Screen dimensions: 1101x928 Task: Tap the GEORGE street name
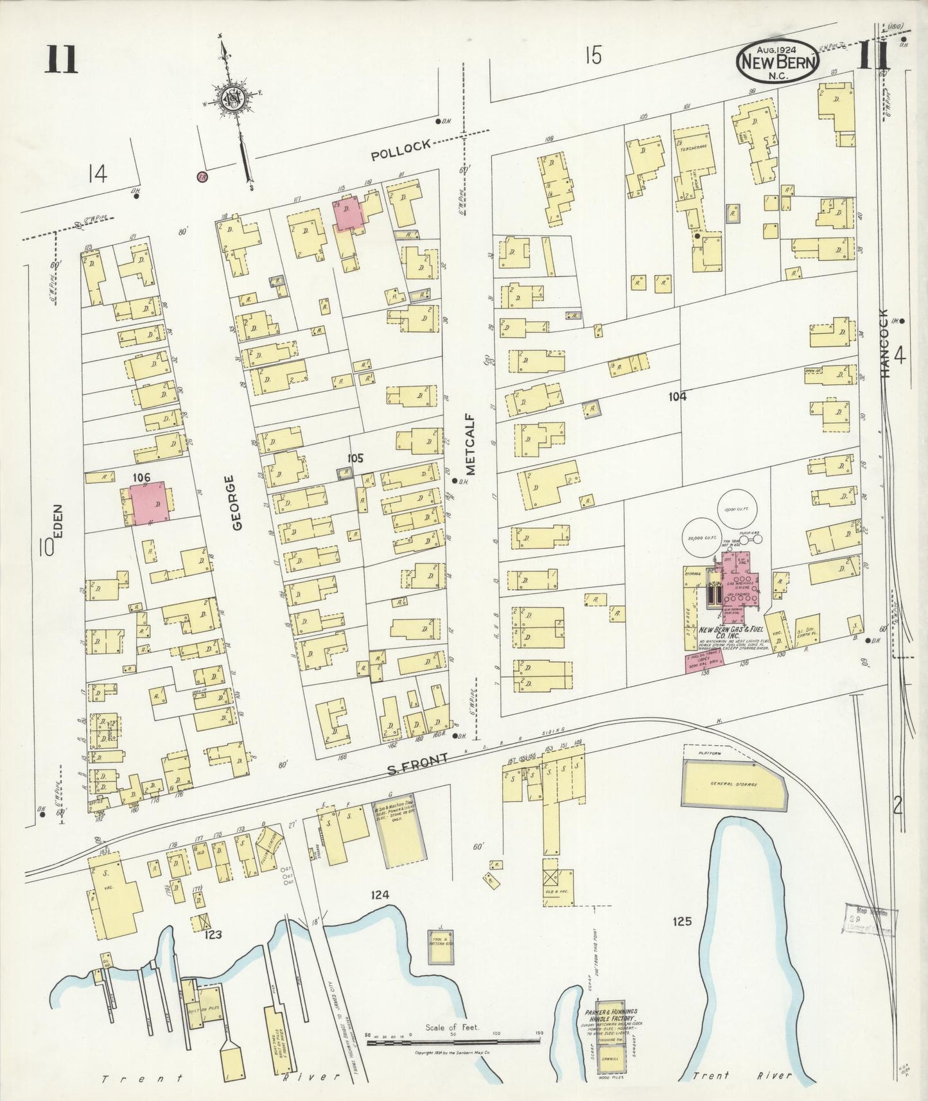[237, 503]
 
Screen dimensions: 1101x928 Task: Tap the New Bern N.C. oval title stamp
[779, 62]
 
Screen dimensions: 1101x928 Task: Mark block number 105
[355, 459]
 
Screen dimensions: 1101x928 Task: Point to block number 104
[677, 397]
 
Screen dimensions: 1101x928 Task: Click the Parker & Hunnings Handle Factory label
[611, 1015]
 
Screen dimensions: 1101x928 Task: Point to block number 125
[682, 921]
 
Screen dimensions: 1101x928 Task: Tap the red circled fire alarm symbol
[202, 175]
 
